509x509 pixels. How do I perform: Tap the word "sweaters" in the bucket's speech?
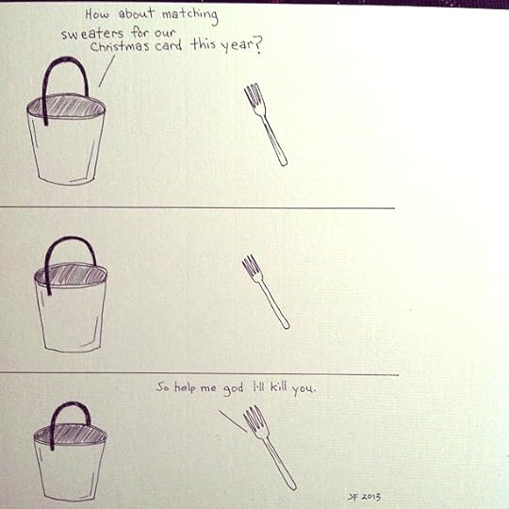click(x=92, y=34)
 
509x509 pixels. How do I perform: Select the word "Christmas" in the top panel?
click(x=120, y=46)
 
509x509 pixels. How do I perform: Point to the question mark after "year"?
click(x=256, y=45)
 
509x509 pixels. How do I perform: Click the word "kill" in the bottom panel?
click(x=279, y=386)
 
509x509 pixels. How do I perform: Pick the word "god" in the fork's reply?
click(x=233, y=388)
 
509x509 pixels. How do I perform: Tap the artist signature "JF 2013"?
click(x=364, y=497)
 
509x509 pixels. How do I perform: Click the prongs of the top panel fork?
click(x=254, y=96)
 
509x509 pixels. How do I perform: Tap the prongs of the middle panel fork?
click(x=252, y=267)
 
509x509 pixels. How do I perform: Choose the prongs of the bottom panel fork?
click(x=255, y=419)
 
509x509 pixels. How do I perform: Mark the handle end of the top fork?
click(x=283, y=163)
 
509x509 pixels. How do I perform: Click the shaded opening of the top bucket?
click(x=67, y=107)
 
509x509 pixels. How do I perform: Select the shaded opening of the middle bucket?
click(x=72, y=275)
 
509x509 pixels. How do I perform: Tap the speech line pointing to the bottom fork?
click(x=233, y=421)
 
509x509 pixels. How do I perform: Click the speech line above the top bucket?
click(x=107, y=71)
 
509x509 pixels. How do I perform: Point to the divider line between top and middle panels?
click(x=197, y=207)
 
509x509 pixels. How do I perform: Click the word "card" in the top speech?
click(x=169, y=45)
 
